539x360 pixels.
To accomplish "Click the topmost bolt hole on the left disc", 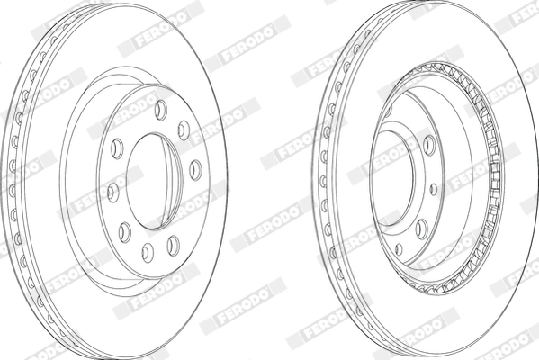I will pyautogui.click(x=160, y=109).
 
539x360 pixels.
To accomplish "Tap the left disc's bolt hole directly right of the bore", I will pyautogui.click(x=195, y=166).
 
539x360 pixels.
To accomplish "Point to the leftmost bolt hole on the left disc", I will pyautogui.click(x=112, y=190).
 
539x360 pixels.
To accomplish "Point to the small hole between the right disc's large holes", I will pyautogui.click(x=435, y=189).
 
